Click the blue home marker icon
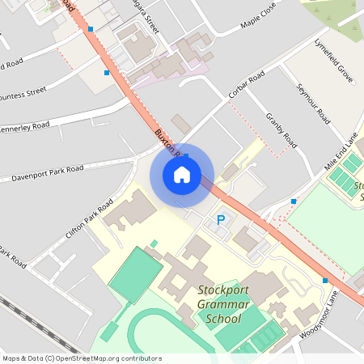coord(182,175)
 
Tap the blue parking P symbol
coord(220,220)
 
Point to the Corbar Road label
coord(246,86)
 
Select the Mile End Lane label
coord(341,152)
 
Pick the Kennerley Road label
coord(24,127)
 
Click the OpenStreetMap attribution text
coord(81,358)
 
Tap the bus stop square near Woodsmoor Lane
coord(325,281)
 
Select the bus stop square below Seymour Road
coord(294,201)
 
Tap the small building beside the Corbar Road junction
coord(180,124)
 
